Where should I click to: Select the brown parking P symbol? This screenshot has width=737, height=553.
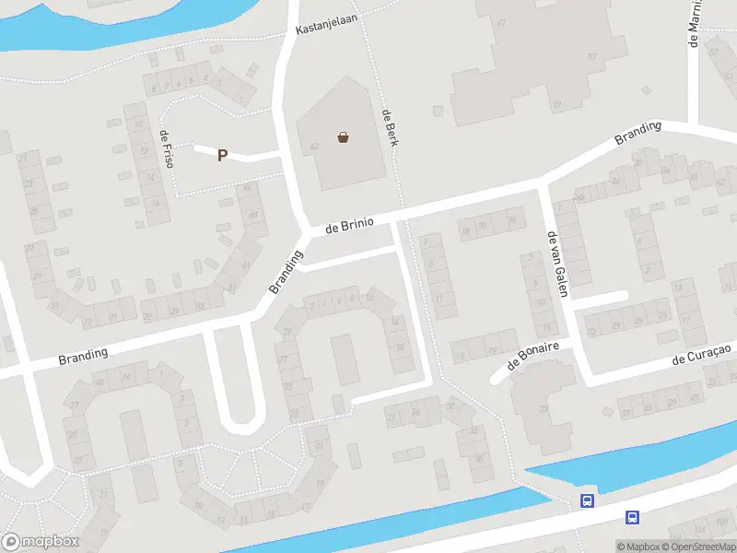pyautogui.click(x=222, y=156)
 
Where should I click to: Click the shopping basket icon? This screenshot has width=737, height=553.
pyautogui.click(x=344, y=138)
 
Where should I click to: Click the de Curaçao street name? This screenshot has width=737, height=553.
pyautogui.click(x=701, y=353)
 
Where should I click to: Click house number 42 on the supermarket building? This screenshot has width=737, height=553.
pyautogui.click(x=315, y=146)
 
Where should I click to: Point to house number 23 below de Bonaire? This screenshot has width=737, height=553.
pyautogui.click(x=544, y=408)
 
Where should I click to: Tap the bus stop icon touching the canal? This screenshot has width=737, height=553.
pyautogui.click(x=587, y=500)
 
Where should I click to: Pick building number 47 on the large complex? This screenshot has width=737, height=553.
pyautogui.click(x=502, y=21)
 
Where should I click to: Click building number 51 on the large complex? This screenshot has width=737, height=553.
pyautogui.click(x=557, y=105)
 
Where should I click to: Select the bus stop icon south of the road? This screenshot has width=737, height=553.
pyautogui.click(x=632, y=517)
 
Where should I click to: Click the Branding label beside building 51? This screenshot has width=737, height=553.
pyautogui.click(x=638, y=134)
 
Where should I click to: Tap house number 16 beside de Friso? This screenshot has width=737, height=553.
pyautogui.click(x=157, y=204)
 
